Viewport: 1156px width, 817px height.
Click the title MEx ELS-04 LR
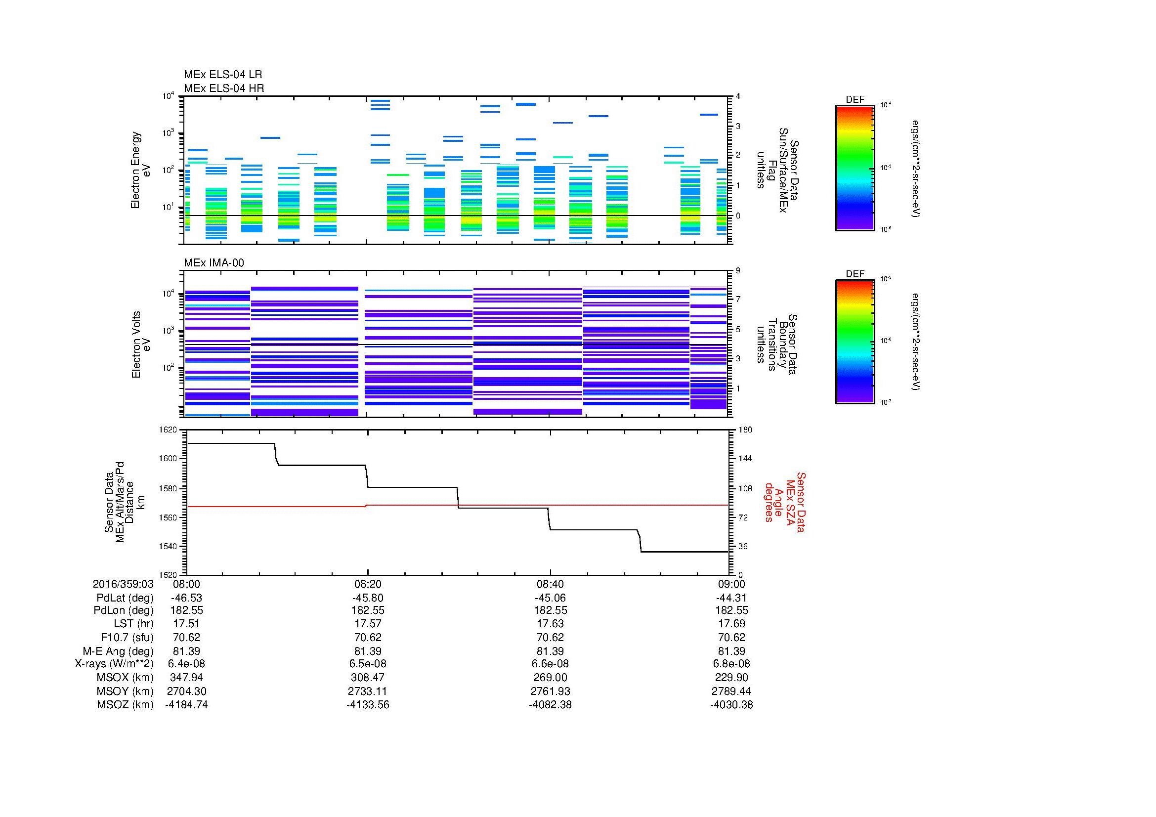[222, 75]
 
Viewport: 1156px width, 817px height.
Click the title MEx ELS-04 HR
[223, 88]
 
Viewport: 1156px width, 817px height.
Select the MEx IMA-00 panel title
[214, 263]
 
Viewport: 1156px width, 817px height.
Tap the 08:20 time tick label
[368, 584]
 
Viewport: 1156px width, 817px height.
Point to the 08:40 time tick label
[550, 584]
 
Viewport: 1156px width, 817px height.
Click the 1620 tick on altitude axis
[168, 430]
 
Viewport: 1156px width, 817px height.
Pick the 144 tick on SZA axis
[745, 459]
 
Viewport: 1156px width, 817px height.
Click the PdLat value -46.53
[186, 598]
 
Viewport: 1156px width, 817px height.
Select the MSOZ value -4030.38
[731, 705]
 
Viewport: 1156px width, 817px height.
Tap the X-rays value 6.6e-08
[550, 664]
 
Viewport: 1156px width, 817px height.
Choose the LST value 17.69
[731, 624]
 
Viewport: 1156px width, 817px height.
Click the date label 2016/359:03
[123, 584]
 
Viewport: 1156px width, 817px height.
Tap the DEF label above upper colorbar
[855, 100]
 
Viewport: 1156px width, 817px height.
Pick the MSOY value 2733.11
[368, 691]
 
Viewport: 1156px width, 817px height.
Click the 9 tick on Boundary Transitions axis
[738, 271]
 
